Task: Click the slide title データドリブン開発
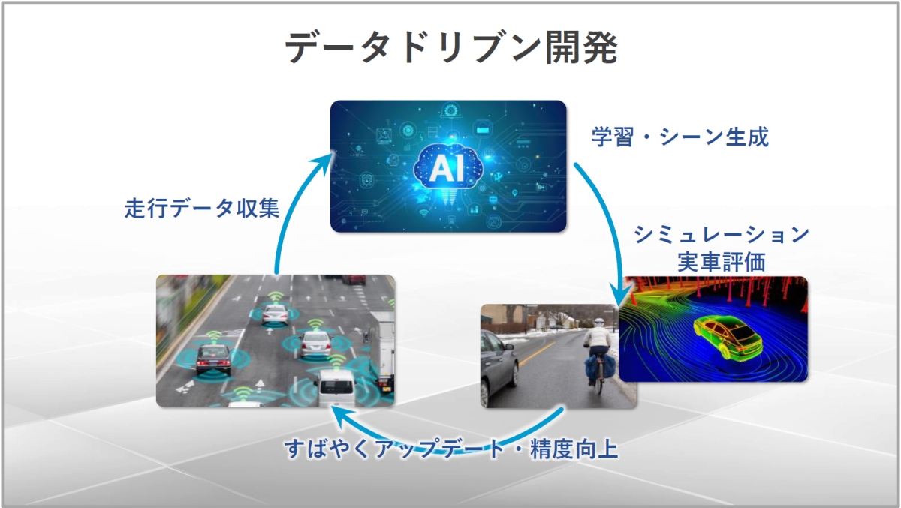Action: (x=451, y=49)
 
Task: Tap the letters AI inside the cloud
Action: (x=448, y=169)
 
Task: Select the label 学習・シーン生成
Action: (x=680, y=137)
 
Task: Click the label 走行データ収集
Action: (x=202, y=208)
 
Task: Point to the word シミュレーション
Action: (x=721, y=235)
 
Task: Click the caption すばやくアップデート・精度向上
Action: (x=450, y=449)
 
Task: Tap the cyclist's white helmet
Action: (x=598, y=321)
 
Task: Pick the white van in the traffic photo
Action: (x=334, y=387)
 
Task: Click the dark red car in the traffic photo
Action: (x=212, y=359)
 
